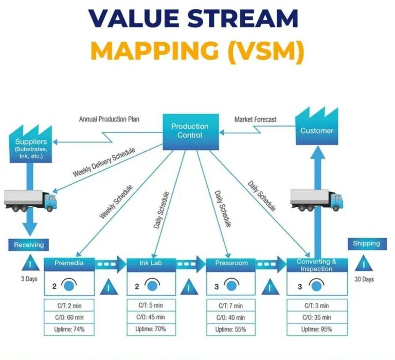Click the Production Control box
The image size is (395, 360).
(190, 131)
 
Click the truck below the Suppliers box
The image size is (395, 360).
(30, 200)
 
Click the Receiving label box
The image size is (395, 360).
(29, 245)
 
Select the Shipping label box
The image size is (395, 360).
(366, 243)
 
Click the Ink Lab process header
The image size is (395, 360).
(151, 263)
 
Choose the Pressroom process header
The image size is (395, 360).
(231, 263)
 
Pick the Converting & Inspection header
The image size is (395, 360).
(317, 264)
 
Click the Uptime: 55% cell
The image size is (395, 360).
(231, 329)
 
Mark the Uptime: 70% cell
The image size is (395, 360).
(151, 329)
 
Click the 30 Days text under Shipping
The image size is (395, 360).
(364, 279)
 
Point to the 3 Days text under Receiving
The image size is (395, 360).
(29, 279)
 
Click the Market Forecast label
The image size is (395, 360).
(255, 119)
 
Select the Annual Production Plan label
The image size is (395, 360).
(109, 119)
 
